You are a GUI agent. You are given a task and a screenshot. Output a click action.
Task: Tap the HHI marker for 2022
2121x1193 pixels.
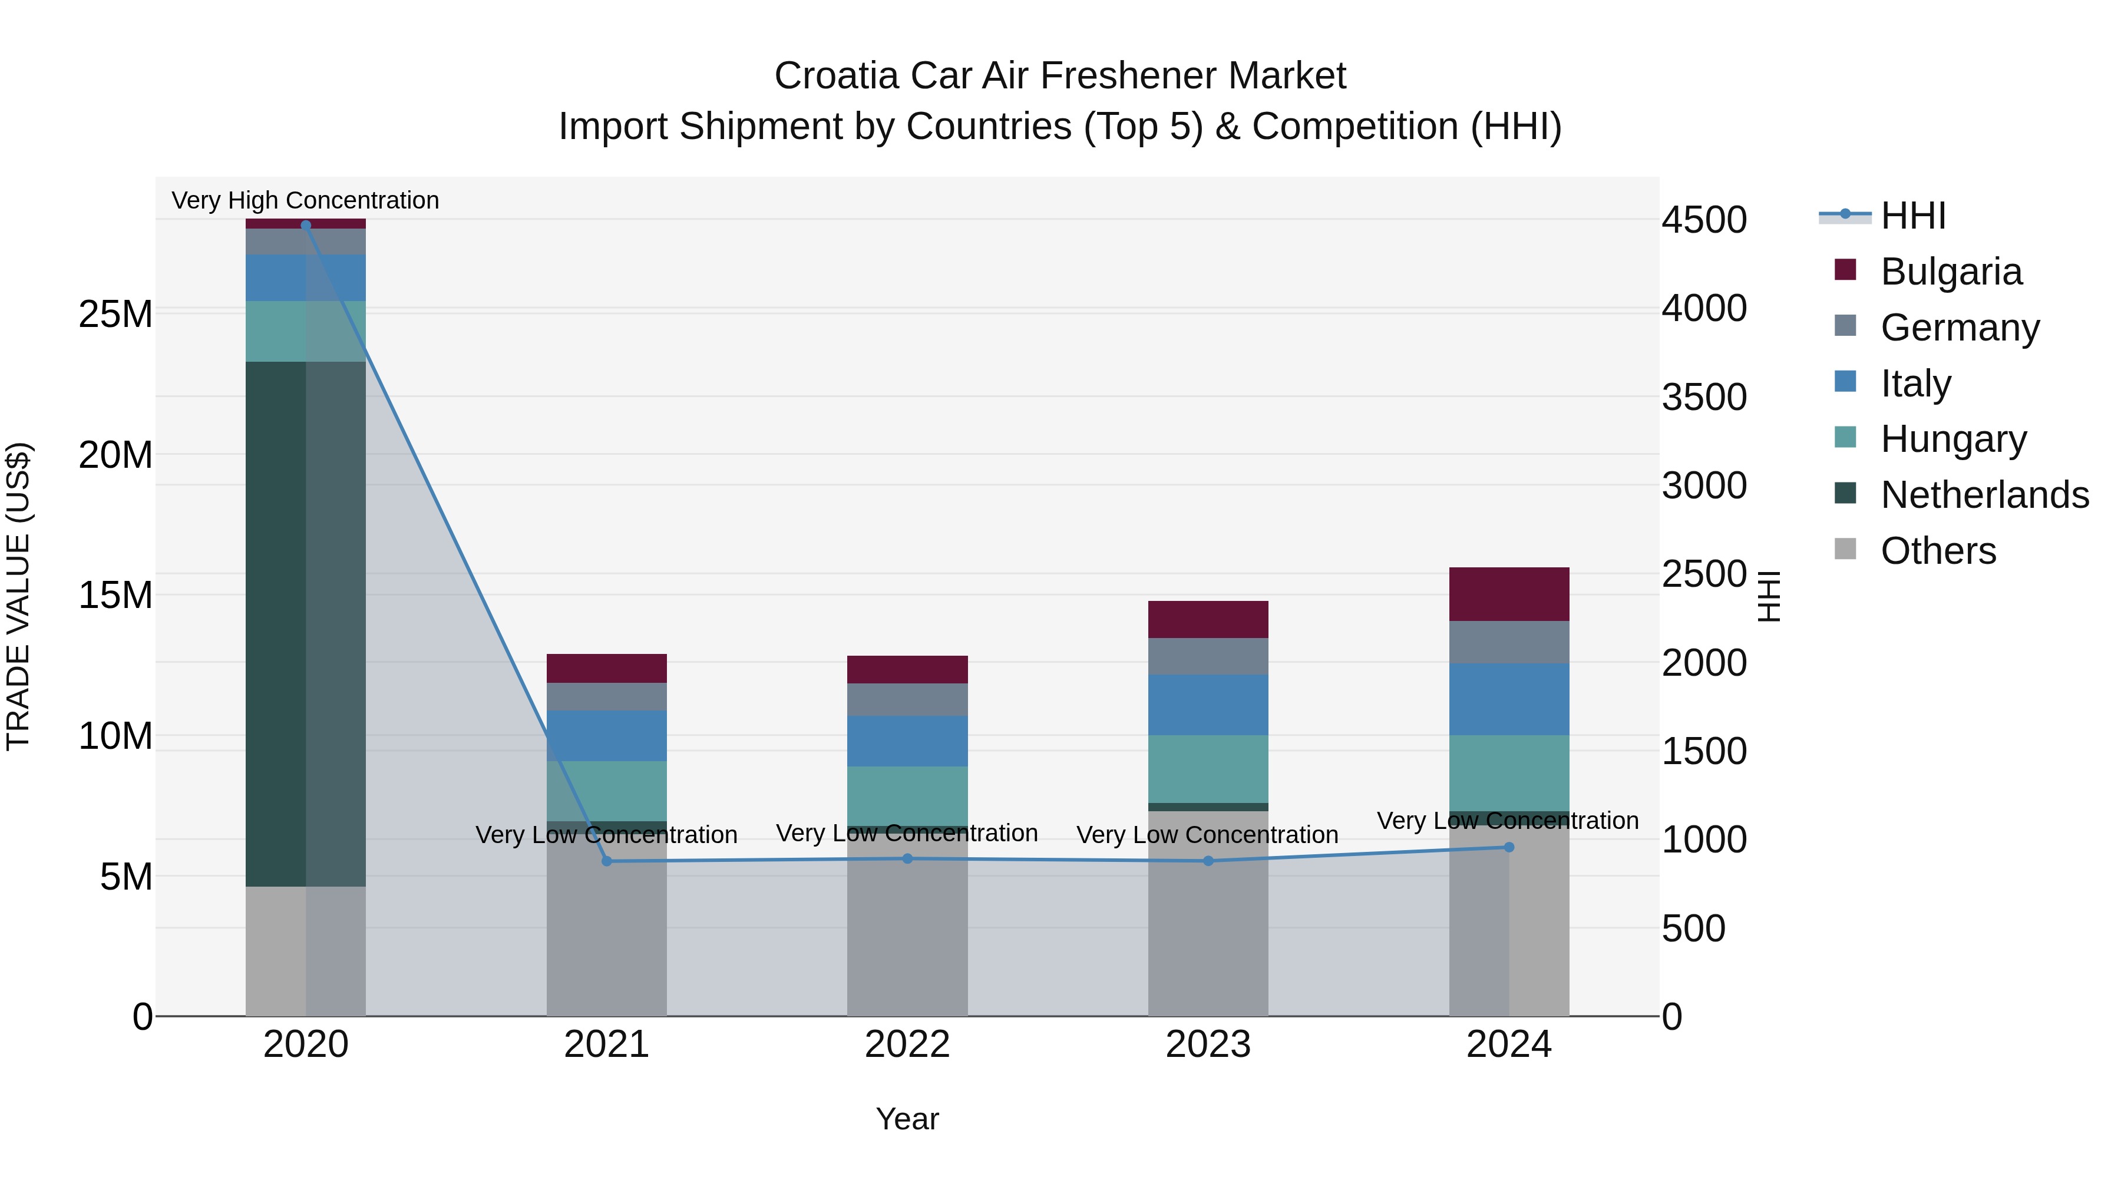point(907,859)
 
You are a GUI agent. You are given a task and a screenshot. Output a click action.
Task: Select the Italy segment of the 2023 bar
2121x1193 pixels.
point(1208,705)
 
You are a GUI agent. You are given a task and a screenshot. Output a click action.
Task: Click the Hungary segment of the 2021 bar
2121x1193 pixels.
point(607,791)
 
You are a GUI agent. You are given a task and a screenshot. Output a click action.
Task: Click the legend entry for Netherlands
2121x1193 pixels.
point(1984,495)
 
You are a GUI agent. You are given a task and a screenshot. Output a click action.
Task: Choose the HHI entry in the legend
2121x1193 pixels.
point(1912,216)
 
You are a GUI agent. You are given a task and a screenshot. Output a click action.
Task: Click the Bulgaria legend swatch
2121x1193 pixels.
point(1845,270)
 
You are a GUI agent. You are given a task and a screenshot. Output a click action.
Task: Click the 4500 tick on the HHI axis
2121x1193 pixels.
point(1703,220)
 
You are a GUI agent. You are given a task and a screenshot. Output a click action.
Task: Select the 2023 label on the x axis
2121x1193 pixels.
point(1208,1045)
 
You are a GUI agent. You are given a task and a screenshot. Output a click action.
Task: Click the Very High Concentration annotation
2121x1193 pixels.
point(305,200)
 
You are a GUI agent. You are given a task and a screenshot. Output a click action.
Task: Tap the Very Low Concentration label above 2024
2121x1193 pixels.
point(1508,821)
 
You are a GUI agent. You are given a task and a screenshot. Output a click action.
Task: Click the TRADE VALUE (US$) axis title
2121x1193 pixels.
point(19,596)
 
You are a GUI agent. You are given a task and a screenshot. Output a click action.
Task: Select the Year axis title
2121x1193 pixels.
point(907,1119)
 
